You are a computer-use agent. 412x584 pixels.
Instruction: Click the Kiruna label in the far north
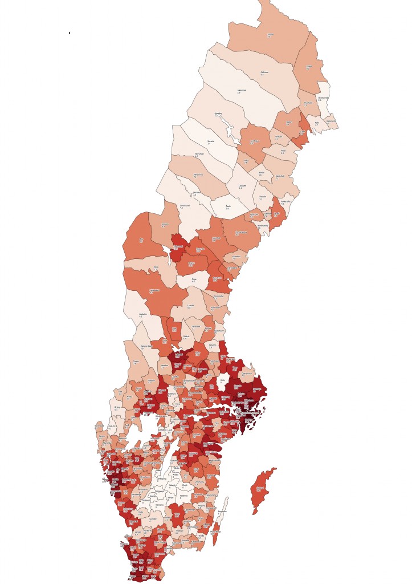coord(270,35)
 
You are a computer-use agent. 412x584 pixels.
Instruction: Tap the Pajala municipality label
coord(309,67)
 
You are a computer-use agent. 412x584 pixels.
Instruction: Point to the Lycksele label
coord(242,186)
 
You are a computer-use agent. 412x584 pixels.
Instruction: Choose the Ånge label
coord(193,279)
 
